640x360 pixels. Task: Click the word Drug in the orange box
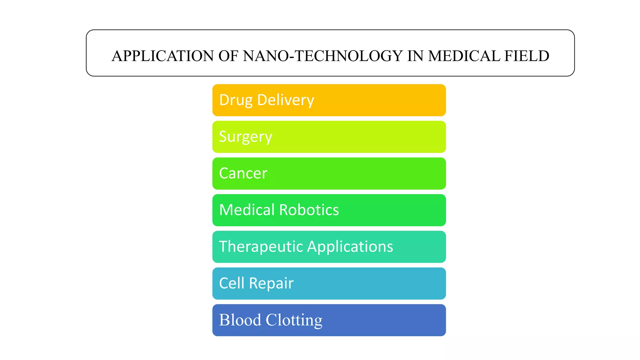tap(236, 100)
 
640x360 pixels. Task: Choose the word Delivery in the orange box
tap(285, 100)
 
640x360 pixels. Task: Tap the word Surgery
tap(246, 137)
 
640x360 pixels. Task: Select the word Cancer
tap(243, 173)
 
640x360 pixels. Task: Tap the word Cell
tap(232, 283)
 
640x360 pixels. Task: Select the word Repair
tap(271, 283)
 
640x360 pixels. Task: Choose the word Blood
tap(240, 320)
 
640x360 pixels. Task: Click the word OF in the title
tap(228, 56)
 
